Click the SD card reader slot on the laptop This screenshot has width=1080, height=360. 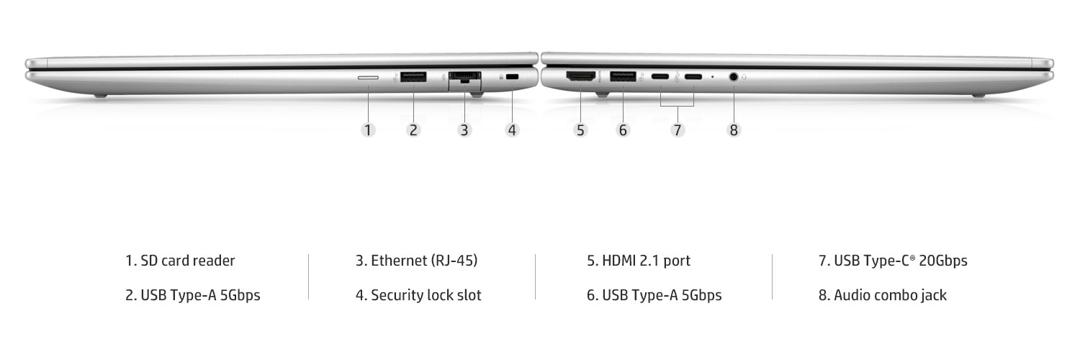tap(368, 77)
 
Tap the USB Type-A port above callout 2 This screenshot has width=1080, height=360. tap(413, 76)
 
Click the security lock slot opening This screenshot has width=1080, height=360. tap(512, 76)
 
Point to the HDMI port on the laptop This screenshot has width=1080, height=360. tap(580, 76)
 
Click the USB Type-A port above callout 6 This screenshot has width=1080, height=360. tap(623, 76)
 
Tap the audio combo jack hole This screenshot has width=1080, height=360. tap(734, 76)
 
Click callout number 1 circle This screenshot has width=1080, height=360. tap(368, 130)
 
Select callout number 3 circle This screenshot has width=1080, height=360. tap(464, 130)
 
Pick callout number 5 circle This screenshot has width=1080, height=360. tap(580, 130)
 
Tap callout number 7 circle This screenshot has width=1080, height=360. tap(678, 130)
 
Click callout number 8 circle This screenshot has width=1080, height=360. tap(734, 130)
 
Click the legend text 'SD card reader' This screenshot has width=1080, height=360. tap(187, 261)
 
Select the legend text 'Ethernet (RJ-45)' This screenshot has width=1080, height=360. tap(424, 261)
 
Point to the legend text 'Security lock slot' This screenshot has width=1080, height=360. tap(426, 295)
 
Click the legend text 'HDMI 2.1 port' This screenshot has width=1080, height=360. tap(646, 261)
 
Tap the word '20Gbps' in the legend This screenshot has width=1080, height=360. tap(943, 261)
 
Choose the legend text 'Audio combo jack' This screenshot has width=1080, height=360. tap(890, 295)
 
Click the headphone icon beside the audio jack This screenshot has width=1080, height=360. tap(744, 76)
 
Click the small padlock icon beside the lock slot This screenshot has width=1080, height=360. tap(501, 76)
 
